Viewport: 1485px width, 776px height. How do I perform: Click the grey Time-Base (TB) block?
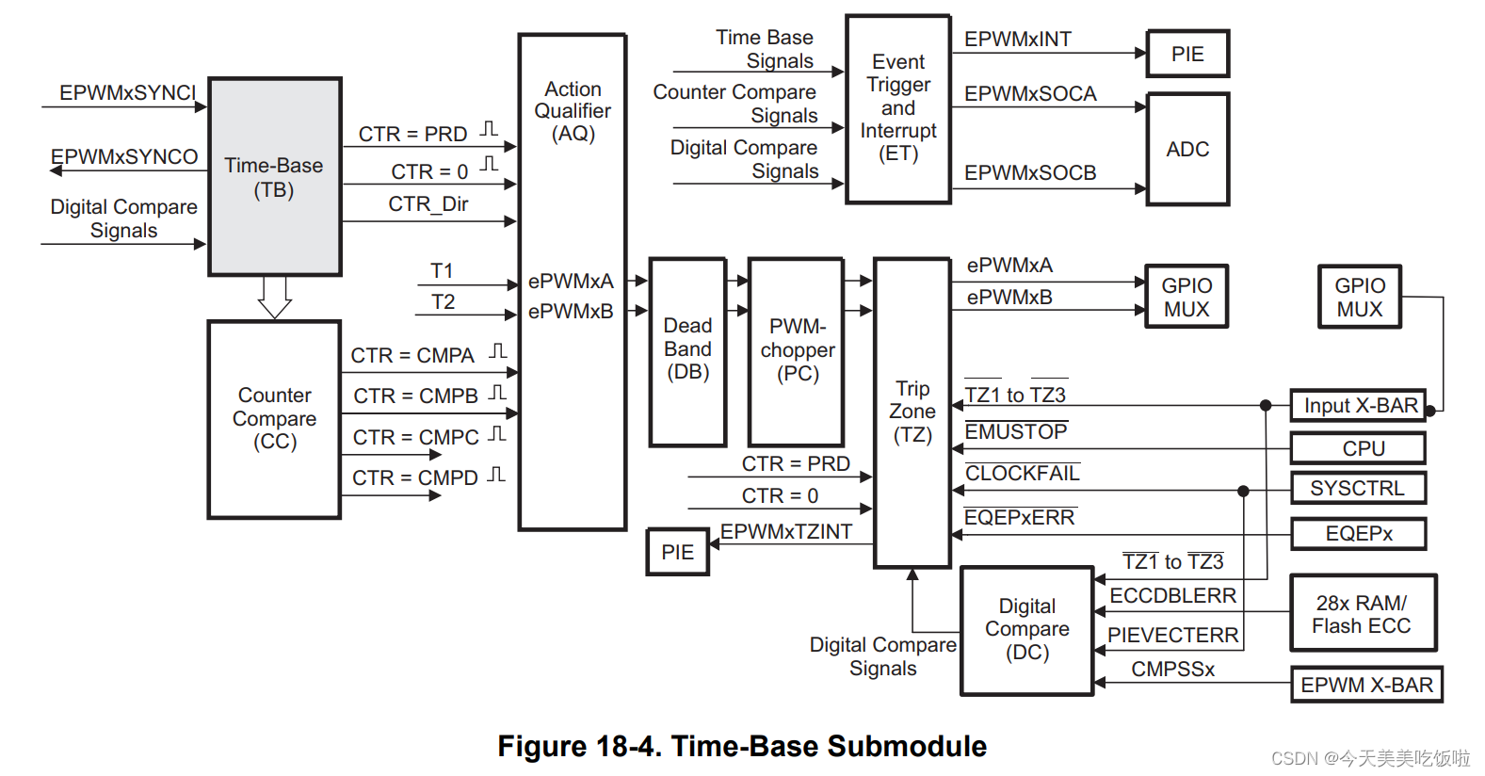274,176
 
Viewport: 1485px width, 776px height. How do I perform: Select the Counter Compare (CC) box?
274,420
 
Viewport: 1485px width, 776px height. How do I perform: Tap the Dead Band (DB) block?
687,352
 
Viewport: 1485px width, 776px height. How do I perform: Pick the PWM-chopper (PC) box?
797,352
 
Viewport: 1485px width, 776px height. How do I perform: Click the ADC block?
1187,149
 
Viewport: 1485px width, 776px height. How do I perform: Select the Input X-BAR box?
1359,405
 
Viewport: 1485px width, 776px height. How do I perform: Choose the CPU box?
1359,448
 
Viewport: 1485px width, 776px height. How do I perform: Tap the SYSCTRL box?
1359,488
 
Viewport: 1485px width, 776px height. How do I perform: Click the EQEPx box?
1359,534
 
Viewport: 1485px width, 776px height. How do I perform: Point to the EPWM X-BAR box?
1366,685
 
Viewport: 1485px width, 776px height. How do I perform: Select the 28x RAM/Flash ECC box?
1363,613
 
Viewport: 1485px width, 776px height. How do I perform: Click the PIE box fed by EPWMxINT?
1187,54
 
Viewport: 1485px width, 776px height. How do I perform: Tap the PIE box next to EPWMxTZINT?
678,552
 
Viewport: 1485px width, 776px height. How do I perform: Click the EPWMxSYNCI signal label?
128,92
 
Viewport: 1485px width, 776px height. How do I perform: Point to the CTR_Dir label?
428,203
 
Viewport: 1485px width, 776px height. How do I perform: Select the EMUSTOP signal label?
1016,431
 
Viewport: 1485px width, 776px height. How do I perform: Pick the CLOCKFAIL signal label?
1023,473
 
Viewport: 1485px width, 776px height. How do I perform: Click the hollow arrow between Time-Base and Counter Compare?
274,298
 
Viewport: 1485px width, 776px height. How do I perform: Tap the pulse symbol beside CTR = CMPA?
498,351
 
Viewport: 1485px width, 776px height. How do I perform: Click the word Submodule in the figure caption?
907,746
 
